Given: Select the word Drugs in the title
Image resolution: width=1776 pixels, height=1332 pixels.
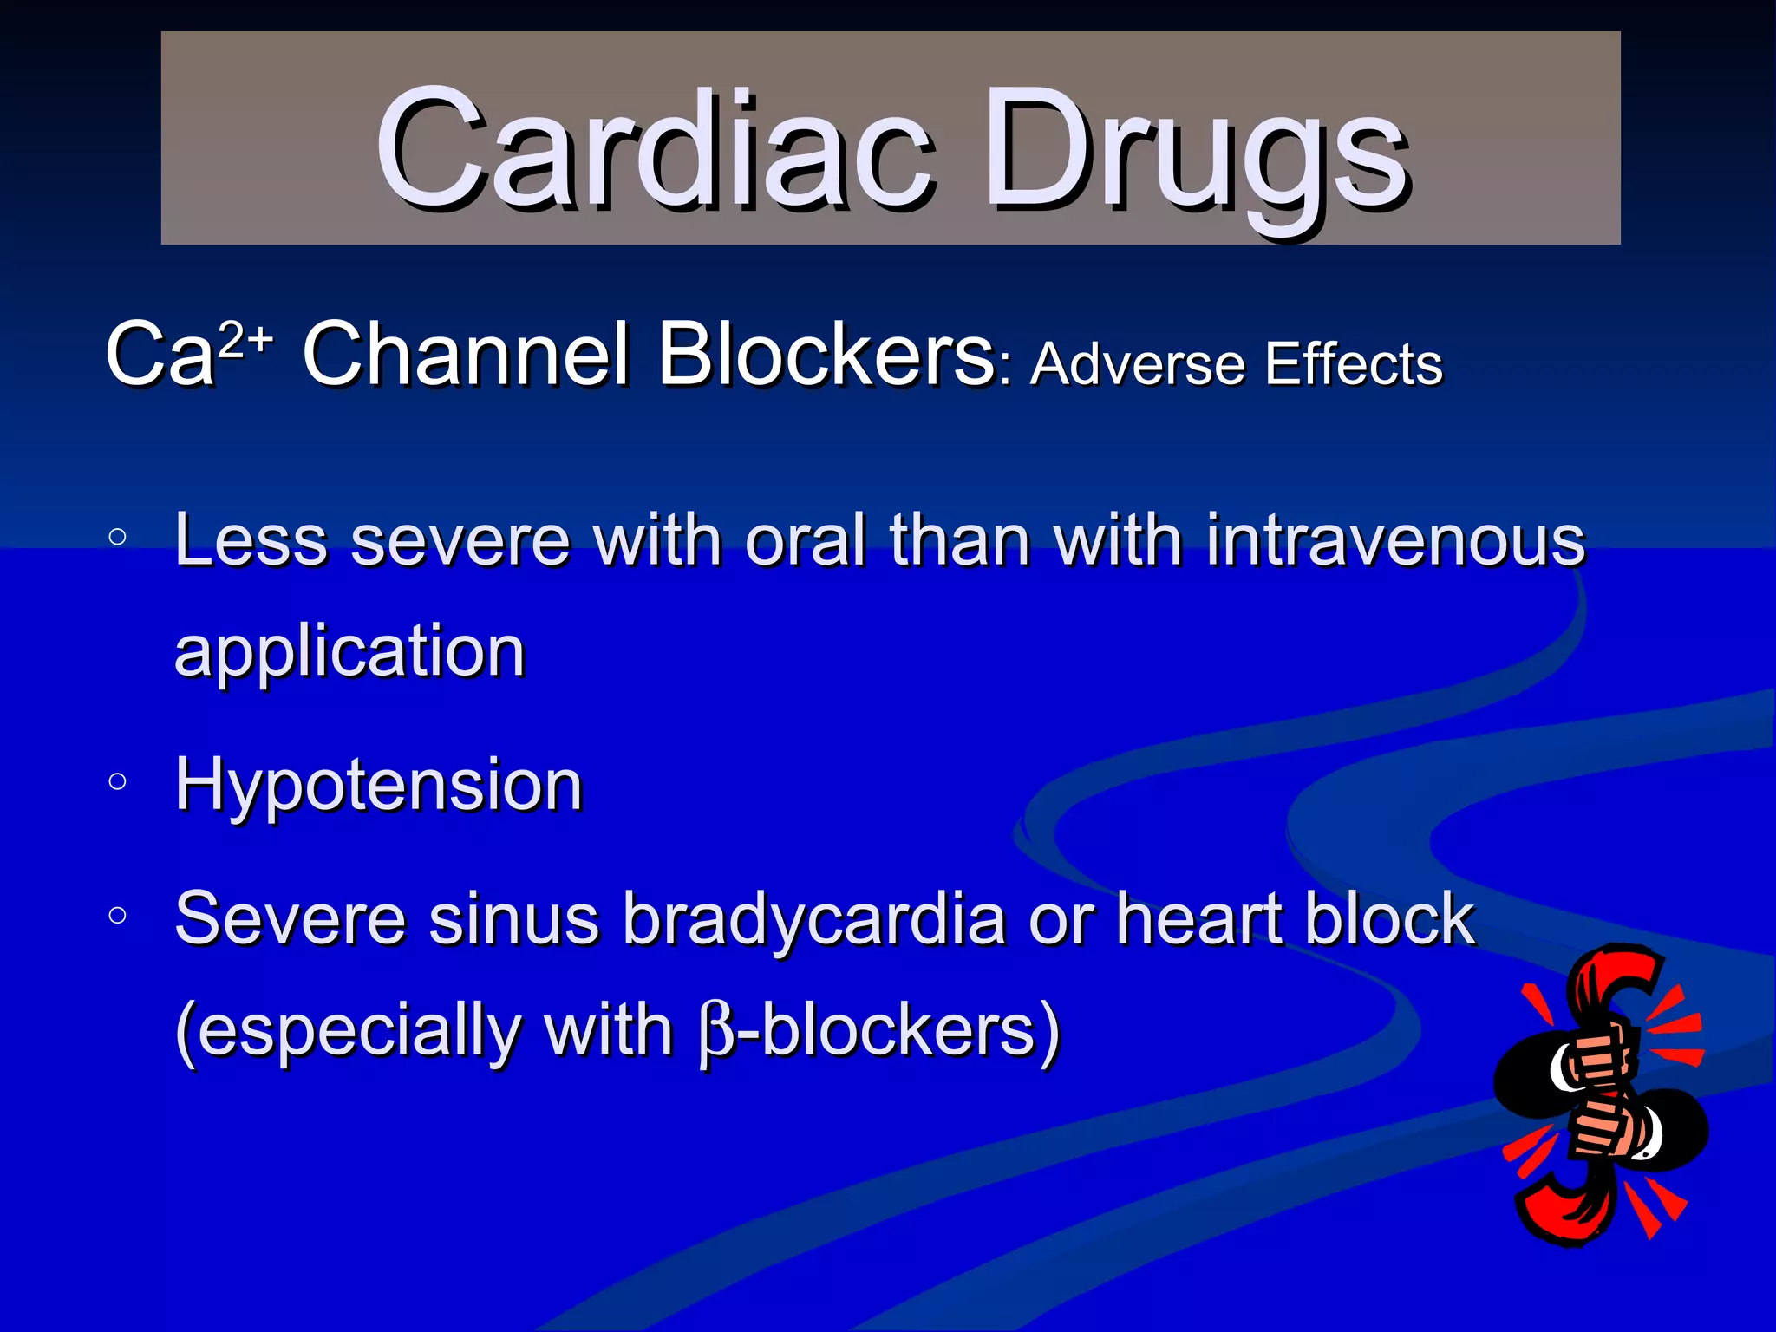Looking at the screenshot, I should [x=1197, y=152].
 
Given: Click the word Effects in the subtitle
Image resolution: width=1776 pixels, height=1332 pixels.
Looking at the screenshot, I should [x=1354, y=363].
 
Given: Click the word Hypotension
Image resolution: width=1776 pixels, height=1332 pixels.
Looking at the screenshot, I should [x=378, y=785].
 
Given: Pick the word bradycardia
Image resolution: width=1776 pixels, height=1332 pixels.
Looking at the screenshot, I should [x=814, y=919].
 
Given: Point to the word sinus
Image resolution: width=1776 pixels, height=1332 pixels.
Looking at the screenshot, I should [x=513, y=919].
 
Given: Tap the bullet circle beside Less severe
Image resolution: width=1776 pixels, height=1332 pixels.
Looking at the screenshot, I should [x=118, y=537].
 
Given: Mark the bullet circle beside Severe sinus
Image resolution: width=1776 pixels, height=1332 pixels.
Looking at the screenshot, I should [x=118, y=916].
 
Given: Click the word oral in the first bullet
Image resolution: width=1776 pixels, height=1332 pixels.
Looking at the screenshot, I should [x=806, y=539].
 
